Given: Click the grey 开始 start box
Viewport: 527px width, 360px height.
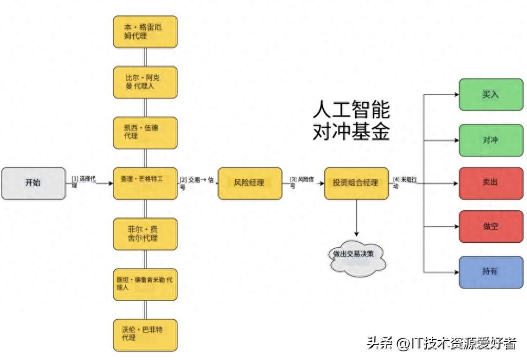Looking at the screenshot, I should [33, 183].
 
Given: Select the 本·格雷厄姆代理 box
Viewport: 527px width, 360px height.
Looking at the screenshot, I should [145, 31].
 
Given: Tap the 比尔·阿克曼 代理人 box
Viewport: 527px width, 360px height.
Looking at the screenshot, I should [145, 82].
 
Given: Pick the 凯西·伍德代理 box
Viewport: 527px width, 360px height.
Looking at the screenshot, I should [145, 132].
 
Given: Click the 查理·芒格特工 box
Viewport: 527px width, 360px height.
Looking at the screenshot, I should [145, 183].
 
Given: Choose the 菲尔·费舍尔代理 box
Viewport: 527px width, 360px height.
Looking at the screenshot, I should [145, 233].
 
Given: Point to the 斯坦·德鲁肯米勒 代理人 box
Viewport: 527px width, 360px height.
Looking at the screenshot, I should [145, 284].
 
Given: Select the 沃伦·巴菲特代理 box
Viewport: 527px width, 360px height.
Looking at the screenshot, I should [145, 334].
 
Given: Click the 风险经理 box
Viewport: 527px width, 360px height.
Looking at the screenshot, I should [249, 183].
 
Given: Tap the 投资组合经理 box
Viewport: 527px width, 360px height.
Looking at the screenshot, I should [356, 183].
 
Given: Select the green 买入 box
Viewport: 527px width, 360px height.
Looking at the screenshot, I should [491, 94].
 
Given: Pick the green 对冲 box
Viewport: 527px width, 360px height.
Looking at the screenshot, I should [491, 140].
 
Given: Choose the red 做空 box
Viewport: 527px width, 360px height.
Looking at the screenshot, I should [491, 226].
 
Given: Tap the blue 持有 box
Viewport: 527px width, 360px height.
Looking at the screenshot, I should [491, 271].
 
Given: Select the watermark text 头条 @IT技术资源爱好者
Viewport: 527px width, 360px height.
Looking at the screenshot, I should [442, 343].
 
